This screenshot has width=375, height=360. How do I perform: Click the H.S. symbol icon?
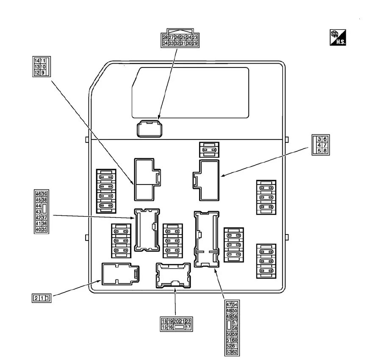338,38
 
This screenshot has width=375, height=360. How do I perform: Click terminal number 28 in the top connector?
165,37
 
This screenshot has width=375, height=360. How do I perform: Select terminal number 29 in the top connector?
195,43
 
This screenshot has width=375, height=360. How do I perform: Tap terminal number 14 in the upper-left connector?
37,61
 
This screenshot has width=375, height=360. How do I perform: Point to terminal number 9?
43,73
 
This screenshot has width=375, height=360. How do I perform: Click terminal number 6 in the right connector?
325,139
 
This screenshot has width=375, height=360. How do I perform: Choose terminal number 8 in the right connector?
325,151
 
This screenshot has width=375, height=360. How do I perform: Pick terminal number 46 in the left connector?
39,194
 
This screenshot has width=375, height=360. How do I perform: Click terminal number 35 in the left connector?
44,229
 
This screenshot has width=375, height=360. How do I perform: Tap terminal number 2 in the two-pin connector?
36,298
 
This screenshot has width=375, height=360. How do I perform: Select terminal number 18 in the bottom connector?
164,321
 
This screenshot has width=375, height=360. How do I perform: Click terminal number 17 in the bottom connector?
188,327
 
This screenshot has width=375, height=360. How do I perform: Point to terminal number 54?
235,304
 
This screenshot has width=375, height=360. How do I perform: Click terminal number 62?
235,352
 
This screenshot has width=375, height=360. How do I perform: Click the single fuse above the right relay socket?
209,149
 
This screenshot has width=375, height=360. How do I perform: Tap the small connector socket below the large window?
150,128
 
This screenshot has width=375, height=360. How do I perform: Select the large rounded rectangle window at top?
190,92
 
